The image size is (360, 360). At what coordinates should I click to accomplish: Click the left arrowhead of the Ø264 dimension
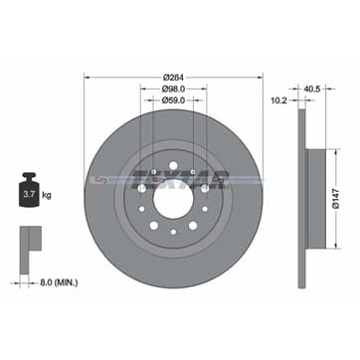click(x=86, y=78)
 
